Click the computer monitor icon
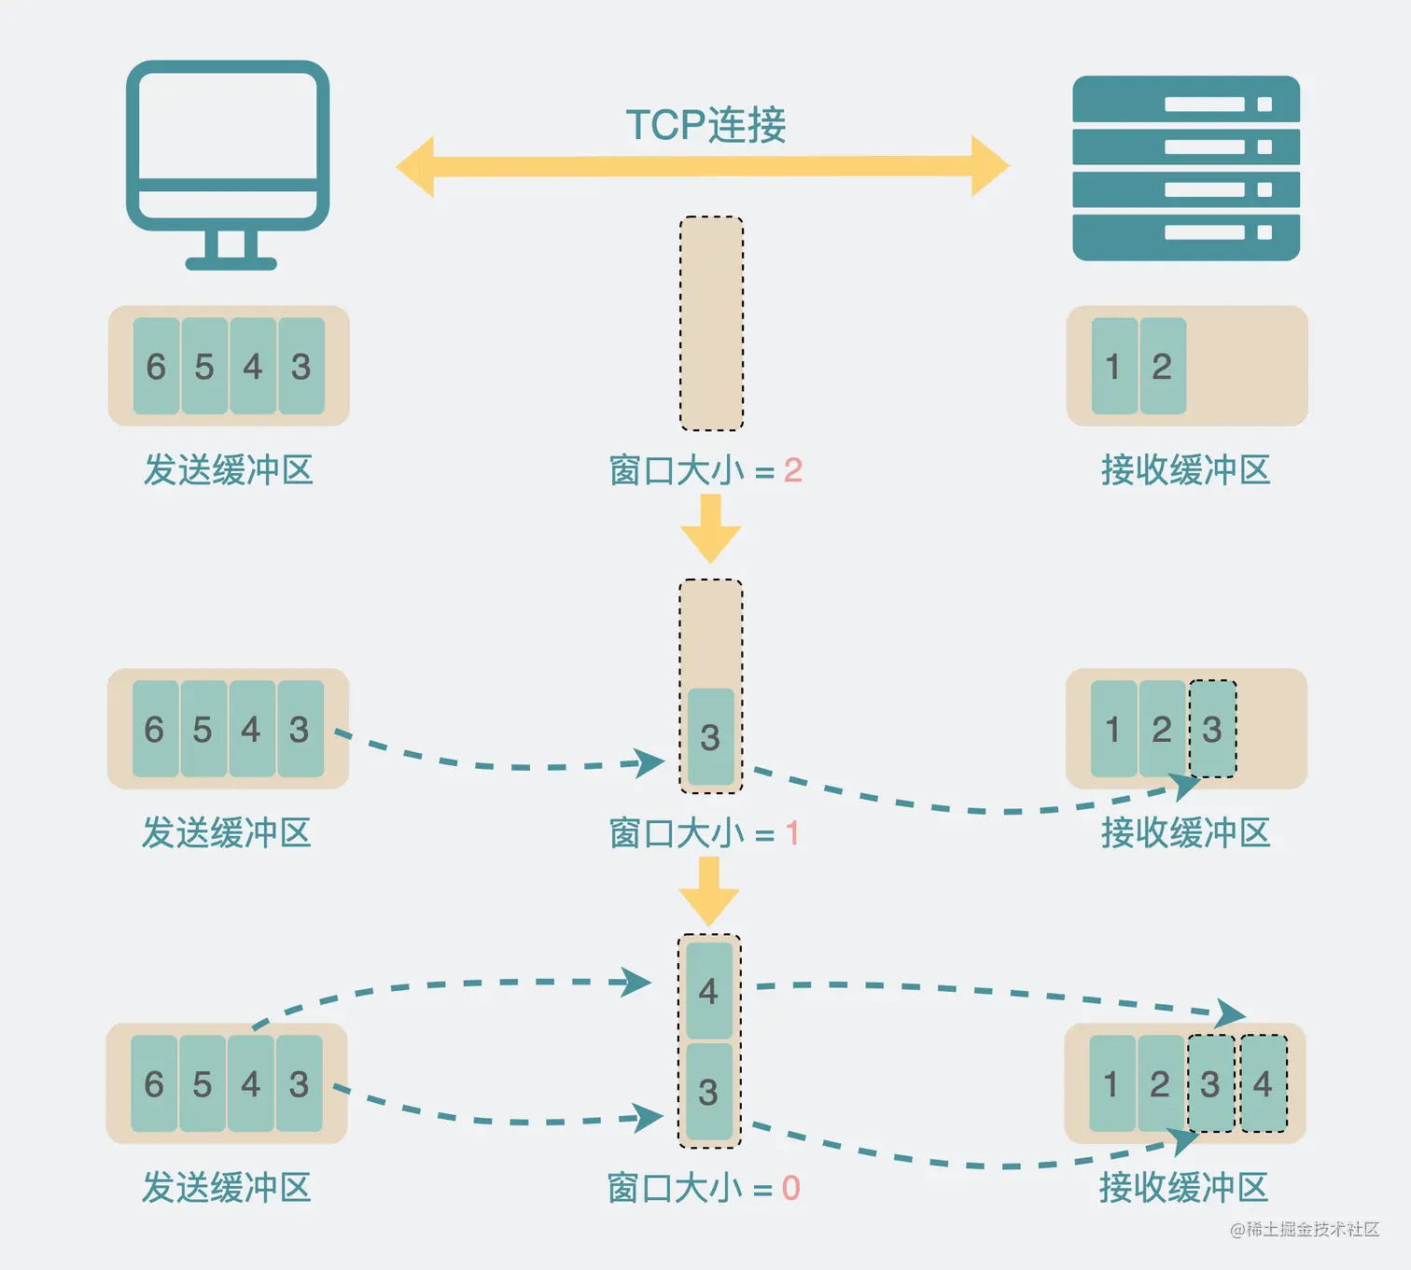(228, 149)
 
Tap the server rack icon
(1186, 168)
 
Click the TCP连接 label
(705, 125)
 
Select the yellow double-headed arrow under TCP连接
(702, 167)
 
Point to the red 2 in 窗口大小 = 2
(793, 470)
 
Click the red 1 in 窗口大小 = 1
(791, 833)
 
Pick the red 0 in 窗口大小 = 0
(790, 1188)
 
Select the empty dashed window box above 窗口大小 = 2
(711, 323)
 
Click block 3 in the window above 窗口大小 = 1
(711, 737)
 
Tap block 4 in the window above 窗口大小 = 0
(709, 991)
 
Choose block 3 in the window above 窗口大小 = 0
(709, 1092)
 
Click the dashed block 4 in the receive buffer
(1264, 1083)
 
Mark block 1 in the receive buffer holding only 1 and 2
(1114, 366)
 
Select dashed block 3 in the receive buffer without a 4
(1212, 729)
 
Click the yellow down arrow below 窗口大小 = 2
(711, 528)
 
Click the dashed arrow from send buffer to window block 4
(448, 984)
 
